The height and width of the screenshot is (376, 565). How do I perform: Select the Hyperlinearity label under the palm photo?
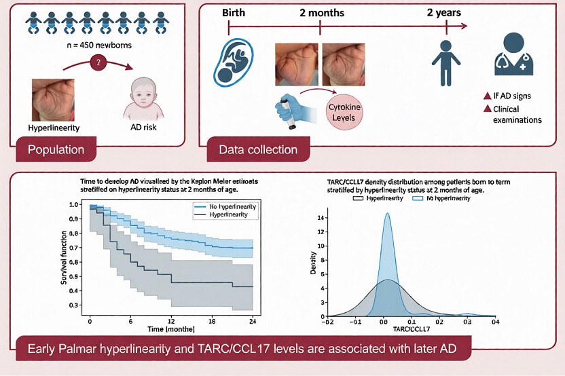tap(55, 128)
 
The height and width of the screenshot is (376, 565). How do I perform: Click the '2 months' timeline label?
tap(321, 12)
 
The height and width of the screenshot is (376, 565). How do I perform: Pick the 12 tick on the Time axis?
tap(171, 320)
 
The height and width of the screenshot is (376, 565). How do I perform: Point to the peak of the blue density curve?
tap(387, 214)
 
